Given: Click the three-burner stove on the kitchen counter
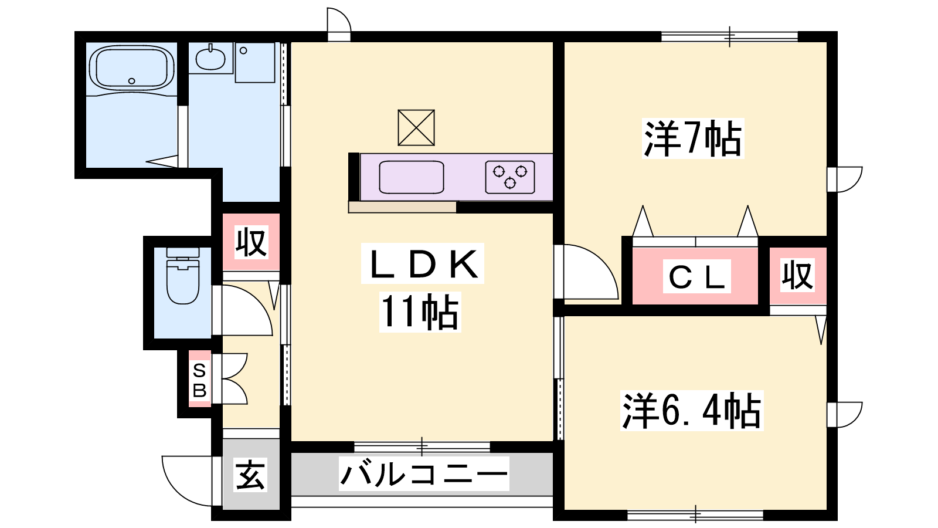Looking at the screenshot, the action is click(x=509, y=177).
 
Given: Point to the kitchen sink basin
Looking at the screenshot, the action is click(x=411, y=177).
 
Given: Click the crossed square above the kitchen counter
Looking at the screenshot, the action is click(x=416, y=127).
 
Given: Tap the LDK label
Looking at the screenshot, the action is click(x=423, y=263).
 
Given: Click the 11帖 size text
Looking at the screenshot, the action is click(x=420, y=312).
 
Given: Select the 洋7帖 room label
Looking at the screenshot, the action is click(x=692, y=138).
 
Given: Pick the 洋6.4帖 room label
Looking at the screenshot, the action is click(x=692, y=411).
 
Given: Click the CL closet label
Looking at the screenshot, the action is click(x=696, y=276).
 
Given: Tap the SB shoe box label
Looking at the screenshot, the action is click(x=199, y=380).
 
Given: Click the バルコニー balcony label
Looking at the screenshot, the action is click(x=424, y=474).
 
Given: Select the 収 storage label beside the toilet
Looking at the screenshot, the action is click(x=251, y=242).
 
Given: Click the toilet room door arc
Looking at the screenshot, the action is click(x=260, y=302).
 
